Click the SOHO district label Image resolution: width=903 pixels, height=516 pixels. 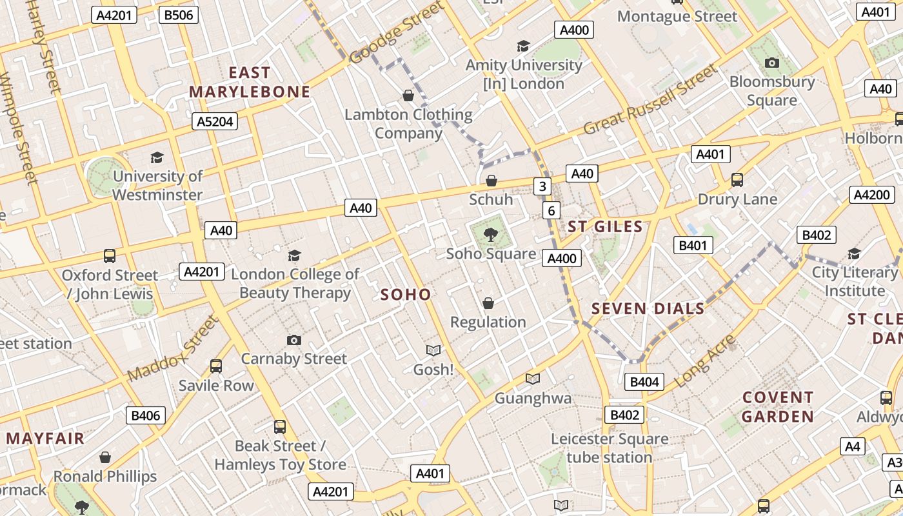point(405,295)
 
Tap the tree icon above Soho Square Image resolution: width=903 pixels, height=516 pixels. point(491,234)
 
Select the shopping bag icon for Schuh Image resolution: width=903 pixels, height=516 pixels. point(491,181)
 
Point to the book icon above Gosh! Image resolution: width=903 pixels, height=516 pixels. point(433,350)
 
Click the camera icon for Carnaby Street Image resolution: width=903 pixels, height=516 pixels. point(294,340)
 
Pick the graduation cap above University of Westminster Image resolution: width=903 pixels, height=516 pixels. point(157,157)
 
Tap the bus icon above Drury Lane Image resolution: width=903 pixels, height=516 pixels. point(737,180)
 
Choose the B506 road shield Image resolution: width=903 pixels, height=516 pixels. point(178,15)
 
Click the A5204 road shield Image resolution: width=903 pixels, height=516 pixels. point(215,121)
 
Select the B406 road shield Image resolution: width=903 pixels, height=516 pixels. point(145,415)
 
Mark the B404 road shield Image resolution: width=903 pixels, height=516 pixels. point(644,382)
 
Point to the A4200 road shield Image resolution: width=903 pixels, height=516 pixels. point(871,195)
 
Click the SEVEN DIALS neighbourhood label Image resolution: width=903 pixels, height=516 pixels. point(648,309)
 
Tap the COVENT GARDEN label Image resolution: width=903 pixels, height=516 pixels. point(777,406)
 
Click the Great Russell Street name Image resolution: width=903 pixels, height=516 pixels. point(650,100)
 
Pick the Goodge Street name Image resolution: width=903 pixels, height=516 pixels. point(397,32)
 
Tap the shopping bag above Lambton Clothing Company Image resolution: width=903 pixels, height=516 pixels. point(408,96)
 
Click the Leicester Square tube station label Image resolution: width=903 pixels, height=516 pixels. point(610,448)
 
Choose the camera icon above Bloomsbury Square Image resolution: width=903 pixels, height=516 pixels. point(771,63)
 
